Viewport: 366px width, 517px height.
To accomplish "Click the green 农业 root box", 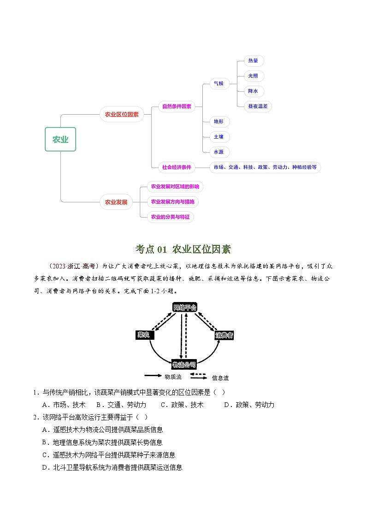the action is pyautogui.click(x=60, y=139).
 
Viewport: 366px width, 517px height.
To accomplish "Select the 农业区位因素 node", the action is pyautogui.click(x=122, y=114).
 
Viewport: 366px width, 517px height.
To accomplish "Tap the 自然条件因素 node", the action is pyautogui.click(x=177, y=106).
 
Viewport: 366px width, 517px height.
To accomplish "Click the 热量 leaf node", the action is pyautogui.click(x=253, y=60).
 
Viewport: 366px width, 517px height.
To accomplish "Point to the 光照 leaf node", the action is pyautogui.click(x=253, y=76).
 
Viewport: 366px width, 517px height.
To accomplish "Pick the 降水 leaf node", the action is pyautogui.click(x=253, y=91).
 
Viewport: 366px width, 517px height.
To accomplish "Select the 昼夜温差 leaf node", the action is pyautogui.click(x=260, y=106).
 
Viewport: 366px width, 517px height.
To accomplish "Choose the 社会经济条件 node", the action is pyautogui.click(x=177, y=167).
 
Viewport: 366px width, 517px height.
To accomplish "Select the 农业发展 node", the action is pyautogui.click(x=116, y=202).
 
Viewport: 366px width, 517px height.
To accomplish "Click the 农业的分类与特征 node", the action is pyautogui.click(x=171, y=216).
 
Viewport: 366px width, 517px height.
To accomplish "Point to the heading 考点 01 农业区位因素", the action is pyautogui.click(x=183, y=250).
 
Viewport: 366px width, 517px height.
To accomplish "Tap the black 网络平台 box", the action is pyautogui.click(x=184, y=307).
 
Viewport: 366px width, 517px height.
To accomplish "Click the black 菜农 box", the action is pyautogui.click(x=144, y=335).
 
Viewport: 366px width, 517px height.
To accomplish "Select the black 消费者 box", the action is pyautogui.click(x=224, y=336).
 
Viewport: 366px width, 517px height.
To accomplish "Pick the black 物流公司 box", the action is pyautogui.click(x=184, y=365).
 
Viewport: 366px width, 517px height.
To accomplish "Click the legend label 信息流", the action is pyautogui.click(x=220, y=378).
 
